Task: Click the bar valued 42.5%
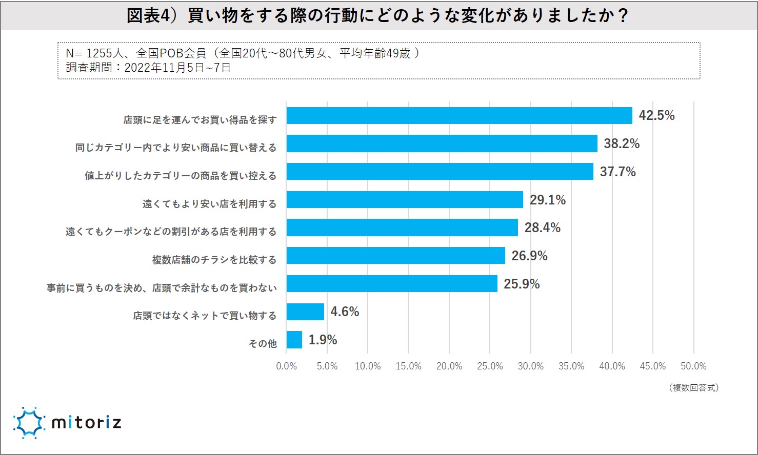(x=459, y=116)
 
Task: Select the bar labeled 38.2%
(x=442, y=143)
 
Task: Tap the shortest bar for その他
(x=294, y=340)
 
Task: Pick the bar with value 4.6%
(x=305, y=312)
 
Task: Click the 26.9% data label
(x=529, y=256)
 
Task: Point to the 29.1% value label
(x=547, y=200)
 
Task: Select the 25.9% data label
(x=522, y=284)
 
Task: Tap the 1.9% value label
(x=323, y=340)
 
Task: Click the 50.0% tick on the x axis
(x=693, y=366)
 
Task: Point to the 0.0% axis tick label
(x=287, y=366)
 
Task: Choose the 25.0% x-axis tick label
(x=490, y=366)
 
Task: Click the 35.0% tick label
(x=571, y=366)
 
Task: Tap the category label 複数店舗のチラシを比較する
(x=214, y=260)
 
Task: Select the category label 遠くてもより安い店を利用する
(x=209, y=204)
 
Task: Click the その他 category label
(x=263, y=344)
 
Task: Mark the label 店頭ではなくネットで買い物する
(x=205, y=316)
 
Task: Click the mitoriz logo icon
(x=29, y=423)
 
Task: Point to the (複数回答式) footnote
(x=693, y=388)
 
